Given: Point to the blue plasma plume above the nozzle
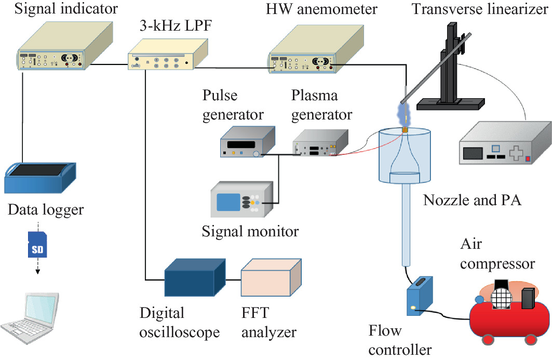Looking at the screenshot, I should (404, 112).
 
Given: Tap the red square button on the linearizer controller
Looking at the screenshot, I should (528, 159).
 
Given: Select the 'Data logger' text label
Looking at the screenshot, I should (46, 210).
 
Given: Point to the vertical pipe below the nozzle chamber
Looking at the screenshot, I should (405, 223).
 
